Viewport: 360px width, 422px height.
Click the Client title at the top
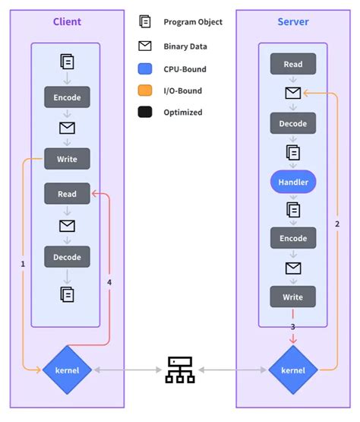pyautogui.click(x=66, y=21)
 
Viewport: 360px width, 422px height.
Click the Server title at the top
pyautogui.click(x=292, y=21)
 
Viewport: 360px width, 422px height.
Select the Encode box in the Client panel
pyautogui.click(x=67, y=97)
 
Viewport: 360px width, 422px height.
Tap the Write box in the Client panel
pyautogui.click(x=67, y=159)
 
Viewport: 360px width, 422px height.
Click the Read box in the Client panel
pyautogui.click(x=67, y=195)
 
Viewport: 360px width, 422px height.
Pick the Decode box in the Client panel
pyautogui.click(x=67, y=257)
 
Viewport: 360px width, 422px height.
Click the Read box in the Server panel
pyautogui.click(x=293, y=65)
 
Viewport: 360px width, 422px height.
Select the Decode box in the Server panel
pyautogui.click(x=293, y=123)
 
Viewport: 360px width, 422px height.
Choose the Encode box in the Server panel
pyautogui.click(x=293, y=238)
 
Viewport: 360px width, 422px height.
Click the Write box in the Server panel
pyautogui.click(x=293, y=297)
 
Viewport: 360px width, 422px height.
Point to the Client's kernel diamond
pyautogui.click(x=67, y=370)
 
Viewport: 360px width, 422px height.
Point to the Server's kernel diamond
pyautogui.click(x=293, y=370)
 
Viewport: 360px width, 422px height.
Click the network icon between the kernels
pyautogui.click(x=180, y=371)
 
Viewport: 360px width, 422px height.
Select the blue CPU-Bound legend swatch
pyautogui.click(x=145, y=68)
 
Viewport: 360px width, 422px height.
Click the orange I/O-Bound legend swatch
pyautogui.click(x=145, y=90)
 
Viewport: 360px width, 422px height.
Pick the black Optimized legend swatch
pyautogui.click(x=145, y=113)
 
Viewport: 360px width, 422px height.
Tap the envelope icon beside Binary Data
pyautogui.click(x=145, y=46)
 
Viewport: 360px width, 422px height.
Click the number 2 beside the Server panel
pyautogui.click(x=337, y=224)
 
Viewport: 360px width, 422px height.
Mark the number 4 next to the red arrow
pyautogui.click(x=109, y=282)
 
